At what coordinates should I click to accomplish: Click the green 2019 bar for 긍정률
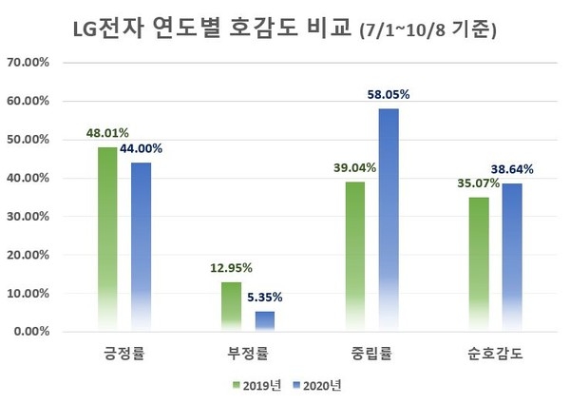tap(107, 238)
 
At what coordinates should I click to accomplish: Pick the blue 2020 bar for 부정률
tap(265, 321)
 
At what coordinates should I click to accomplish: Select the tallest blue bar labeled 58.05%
tap(389, 219)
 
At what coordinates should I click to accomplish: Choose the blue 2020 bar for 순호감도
tap(513, 257)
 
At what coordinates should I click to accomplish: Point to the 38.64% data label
tap(513, 169)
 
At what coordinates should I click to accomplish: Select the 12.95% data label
tap(231, 268)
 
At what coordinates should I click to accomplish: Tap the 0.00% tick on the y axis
tap(34, 332)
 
